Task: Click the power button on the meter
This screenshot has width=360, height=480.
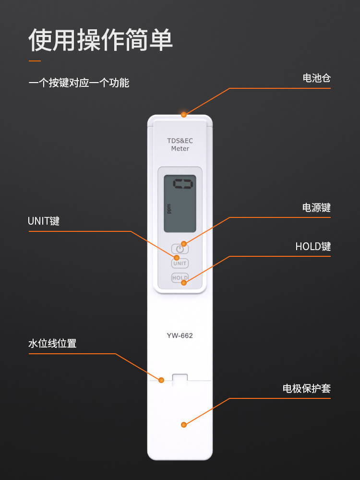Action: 180,249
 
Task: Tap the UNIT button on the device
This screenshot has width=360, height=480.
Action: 180,263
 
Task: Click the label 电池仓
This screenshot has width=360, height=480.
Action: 316,78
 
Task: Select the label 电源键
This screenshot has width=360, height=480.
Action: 316,208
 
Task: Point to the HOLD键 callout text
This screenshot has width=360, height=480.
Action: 313,246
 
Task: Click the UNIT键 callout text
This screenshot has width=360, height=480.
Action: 44,221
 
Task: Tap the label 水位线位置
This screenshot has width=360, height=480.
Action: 52,344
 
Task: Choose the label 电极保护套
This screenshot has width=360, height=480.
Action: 307,388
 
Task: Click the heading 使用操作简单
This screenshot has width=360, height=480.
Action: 101,40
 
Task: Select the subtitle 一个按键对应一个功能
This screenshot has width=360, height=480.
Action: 79,83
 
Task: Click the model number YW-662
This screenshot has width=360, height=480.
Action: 180,336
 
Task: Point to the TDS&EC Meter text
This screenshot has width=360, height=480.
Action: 180,144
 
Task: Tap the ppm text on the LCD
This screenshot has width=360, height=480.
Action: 169,209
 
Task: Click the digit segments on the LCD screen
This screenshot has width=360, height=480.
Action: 183,184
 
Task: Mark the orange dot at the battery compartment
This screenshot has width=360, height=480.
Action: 184,115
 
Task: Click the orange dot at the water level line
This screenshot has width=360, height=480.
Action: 161,380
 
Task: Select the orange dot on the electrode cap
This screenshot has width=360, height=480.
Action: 184,425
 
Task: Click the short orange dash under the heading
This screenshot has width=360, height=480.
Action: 35,61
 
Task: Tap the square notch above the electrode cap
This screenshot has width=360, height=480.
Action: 180,379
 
